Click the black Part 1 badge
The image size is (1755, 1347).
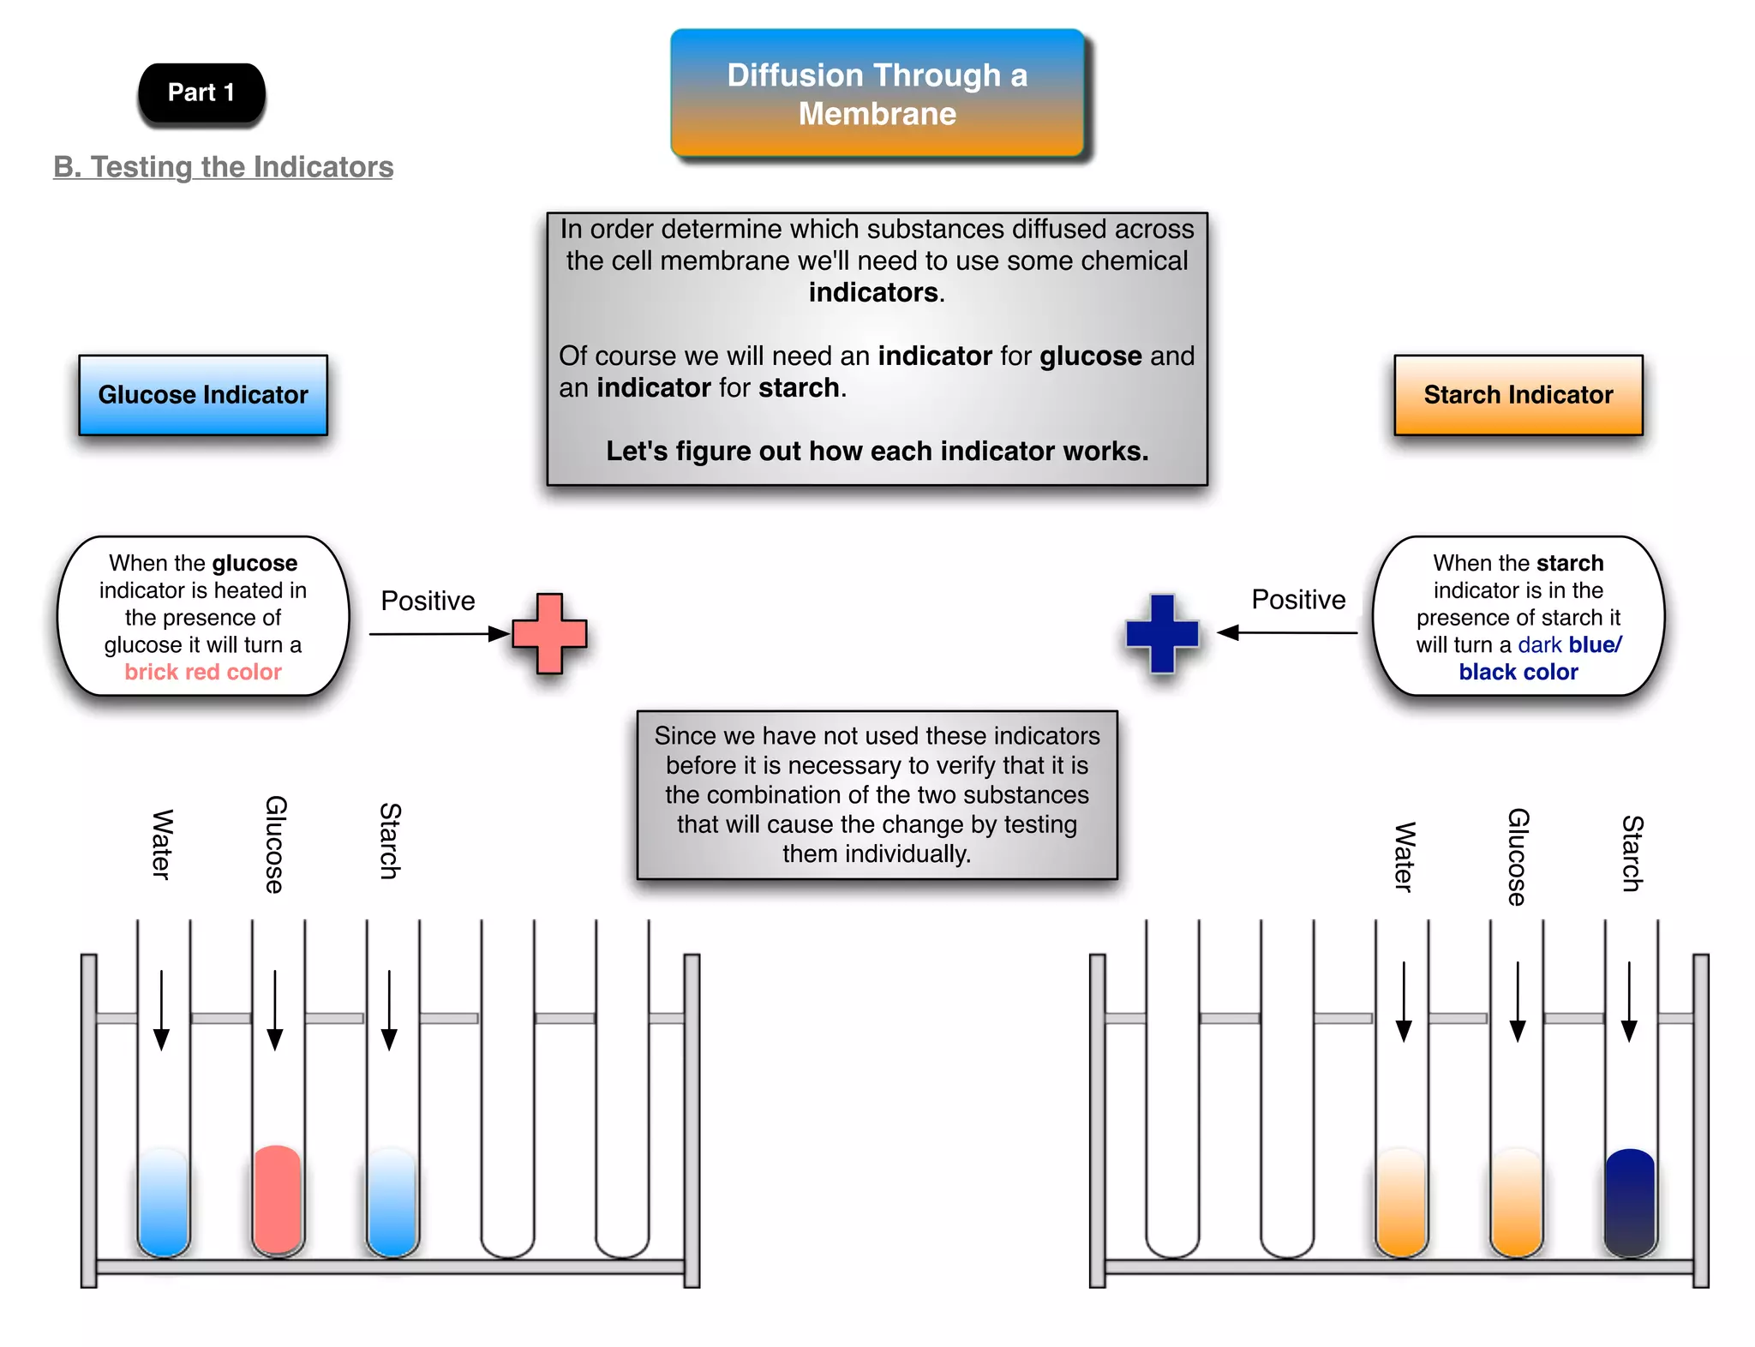[x=201, y=93]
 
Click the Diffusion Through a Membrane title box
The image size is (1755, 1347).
[x=877, y=94]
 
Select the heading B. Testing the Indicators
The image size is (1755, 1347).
[x=223, y=166]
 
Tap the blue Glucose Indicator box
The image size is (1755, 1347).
[x=203, y=395]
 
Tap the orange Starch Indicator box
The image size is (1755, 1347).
[x=1518, y=395]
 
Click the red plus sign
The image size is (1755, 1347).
[x=549, y=633]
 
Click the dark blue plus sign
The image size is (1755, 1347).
[x=1162, y=633]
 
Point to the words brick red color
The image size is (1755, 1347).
[x=203, y=672]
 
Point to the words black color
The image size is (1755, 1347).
[x=1518, y=672]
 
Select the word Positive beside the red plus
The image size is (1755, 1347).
[x=428, y=601]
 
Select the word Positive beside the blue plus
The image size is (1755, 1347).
[x=1297, y=600]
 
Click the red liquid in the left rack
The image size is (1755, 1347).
[x=278, y=1200]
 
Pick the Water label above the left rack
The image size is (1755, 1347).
[x=162, y=844]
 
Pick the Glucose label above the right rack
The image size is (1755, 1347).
[x=1517, y=856]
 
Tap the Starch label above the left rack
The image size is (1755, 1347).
[x=390, y=841]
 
